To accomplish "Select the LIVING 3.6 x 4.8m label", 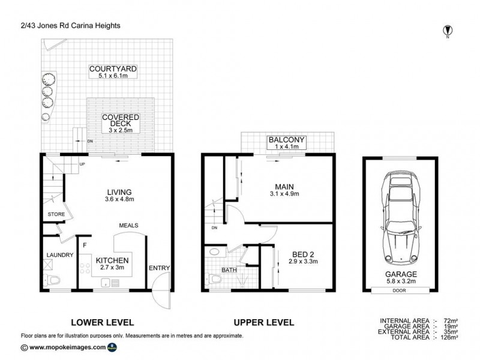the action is (119, 196).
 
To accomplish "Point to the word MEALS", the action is (128, 226).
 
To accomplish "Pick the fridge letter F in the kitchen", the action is (85, 245).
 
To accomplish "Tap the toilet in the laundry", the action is (52, 280).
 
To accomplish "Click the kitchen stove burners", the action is (85, 268).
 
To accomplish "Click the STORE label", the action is (56, 214).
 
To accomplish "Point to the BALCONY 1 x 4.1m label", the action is (287, 143).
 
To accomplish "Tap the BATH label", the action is (229, 270).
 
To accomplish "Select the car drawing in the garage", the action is (401, 218).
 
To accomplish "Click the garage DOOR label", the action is (399, 290).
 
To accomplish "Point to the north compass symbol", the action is (448, 31).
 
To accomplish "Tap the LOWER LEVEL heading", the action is (103, 322).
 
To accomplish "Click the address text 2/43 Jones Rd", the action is (45, 26).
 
